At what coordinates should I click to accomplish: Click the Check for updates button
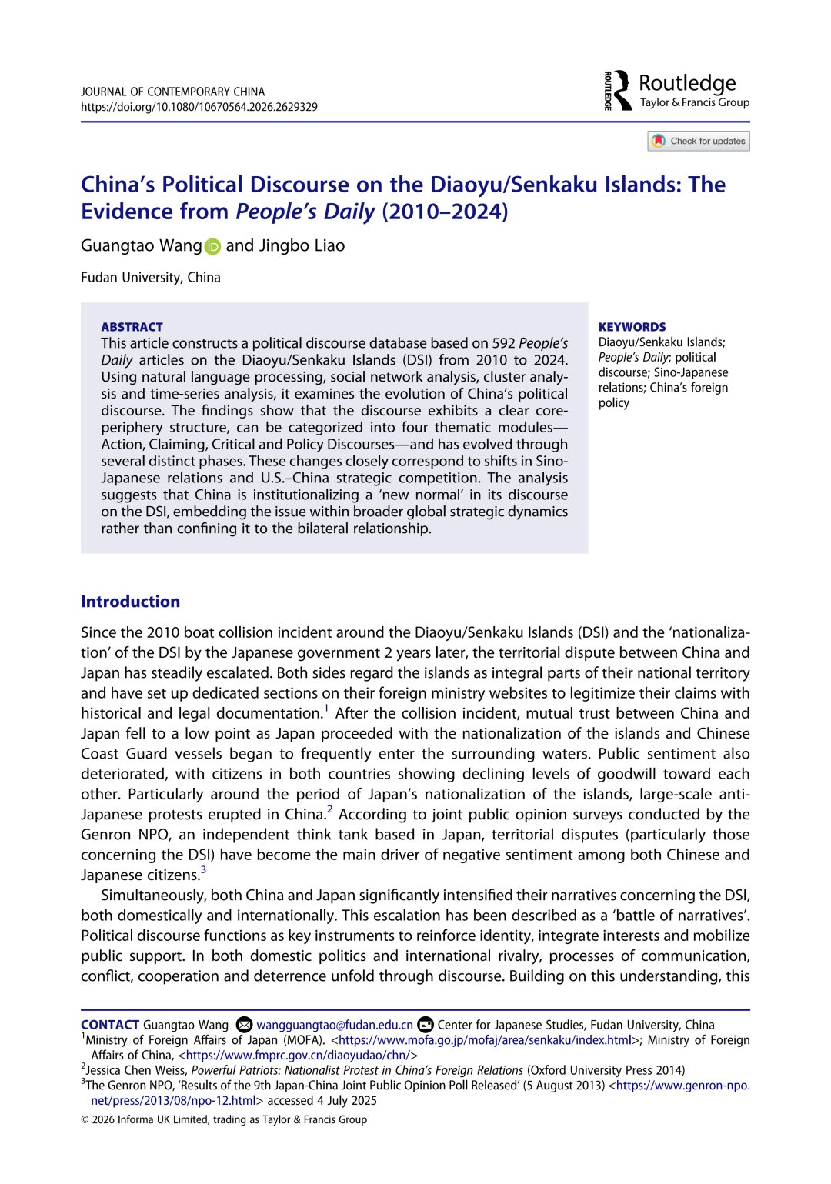(699, 141)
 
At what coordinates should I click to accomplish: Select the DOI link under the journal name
(199, 107)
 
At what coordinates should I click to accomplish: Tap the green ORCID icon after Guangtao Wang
(213, 246)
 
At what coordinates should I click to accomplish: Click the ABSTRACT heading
(132, 327)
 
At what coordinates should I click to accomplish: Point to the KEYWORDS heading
(632, 327)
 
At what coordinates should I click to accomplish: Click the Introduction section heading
(130, 602)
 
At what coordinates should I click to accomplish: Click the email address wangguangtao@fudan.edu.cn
(334, 1025)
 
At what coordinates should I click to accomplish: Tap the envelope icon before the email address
(244, 1025)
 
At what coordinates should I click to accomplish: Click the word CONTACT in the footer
(109, 1025)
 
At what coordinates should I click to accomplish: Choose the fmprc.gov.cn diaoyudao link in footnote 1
(299, 1056)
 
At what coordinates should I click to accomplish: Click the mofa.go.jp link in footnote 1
(486, 1040)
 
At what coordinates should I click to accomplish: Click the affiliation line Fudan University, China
(151, 278)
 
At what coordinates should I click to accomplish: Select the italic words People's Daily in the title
(305, 212)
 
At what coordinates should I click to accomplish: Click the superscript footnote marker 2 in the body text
(329, 809)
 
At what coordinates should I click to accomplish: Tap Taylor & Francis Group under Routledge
(694, 102)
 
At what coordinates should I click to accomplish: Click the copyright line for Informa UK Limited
(224, 1119)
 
